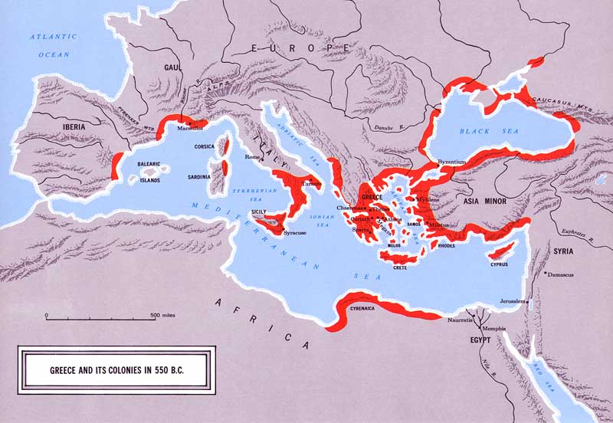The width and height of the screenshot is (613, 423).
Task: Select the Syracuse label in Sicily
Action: [x=296, y=232]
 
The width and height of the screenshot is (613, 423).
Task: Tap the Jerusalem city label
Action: [x=514, y=301]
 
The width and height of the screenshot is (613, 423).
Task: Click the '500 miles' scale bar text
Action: [x=166, y=315]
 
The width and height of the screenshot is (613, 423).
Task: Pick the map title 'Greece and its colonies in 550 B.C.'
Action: [x=116, y=369]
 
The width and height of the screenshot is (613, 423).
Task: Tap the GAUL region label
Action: [x=170, y=67]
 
